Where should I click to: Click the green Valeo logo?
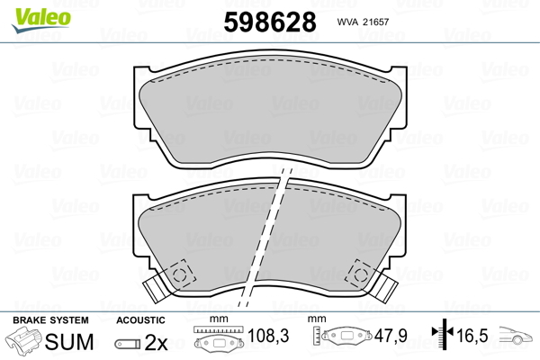coord(41,20)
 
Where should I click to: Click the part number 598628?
coord(270,22)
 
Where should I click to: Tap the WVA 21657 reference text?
coord(363,22)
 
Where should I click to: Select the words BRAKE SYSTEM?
coord(50,320)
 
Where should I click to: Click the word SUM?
coord(69,342)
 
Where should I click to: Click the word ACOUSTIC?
coord(140,320)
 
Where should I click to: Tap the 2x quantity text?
coord(156,342)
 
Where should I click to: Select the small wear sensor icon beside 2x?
coord(128,344)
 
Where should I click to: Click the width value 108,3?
coord(268,335)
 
